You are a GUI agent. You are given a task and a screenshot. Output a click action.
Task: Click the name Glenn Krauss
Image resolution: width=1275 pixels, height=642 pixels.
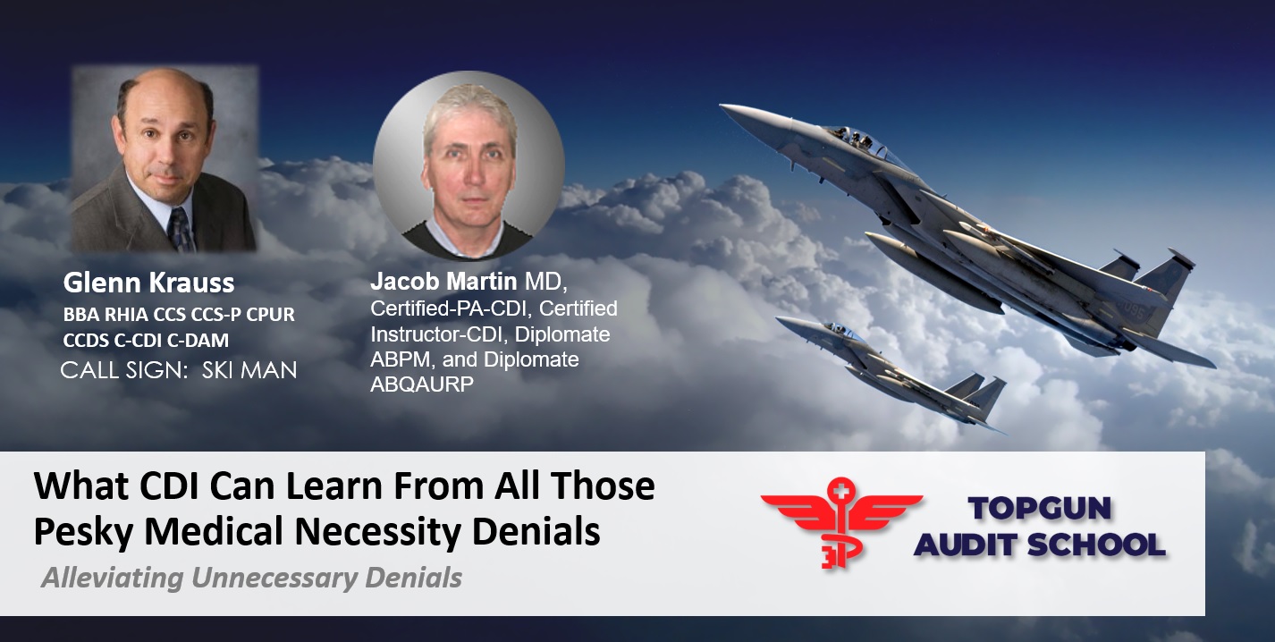pyautogui.click(x=148, y=283)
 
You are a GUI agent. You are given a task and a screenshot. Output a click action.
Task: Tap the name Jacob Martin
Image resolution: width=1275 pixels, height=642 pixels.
pyautogui.click(x=443, y=281)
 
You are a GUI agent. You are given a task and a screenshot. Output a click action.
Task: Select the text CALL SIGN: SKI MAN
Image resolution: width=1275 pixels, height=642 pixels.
pyautogui.click(x=179, y=370)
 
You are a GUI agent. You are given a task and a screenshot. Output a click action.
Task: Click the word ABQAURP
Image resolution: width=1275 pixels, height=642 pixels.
pyautogui.click(x=422, y=384)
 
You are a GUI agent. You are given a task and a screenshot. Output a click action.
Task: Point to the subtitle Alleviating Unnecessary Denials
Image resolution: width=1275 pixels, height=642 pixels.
pyautogui.click(x=251, y=578)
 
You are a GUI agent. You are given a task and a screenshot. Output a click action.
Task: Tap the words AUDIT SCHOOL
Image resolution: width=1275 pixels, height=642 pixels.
pyautogui.click(x=1039, y=545)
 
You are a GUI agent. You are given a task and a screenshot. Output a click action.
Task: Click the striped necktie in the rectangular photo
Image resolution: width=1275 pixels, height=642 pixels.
pyautogui.click(x=182, y=230)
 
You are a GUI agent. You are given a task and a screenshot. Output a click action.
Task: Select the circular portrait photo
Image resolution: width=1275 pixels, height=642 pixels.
pyautogui.click(x=469, y=165)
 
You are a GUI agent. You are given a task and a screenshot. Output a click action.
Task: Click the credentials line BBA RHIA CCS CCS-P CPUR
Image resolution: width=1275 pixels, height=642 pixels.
pyautogui.click(x=179, y=314)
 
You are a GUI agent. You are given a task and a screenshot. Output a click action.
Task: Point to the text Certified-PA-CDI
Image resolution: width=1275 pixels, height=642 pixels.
pyautogui.click(x=450, y=308)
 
